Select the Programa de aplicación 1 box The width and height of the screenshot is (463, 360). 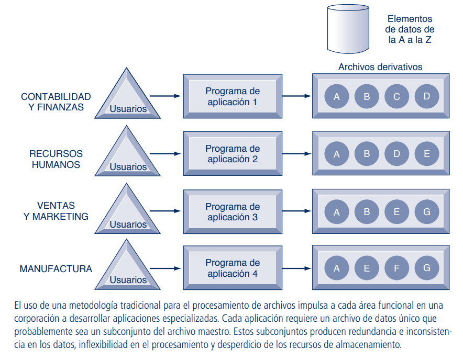(x=233, y=97)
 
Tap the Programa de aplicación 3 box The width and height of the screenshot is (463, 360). (x=233, y=212)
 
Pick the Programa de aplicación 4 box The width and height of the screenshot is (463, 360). (x=233, y=268)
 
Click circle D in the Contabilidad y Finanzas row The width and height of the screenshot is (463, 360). (x=426, y=96)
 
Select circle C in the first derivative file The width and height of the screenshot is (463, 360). (x=396, y=96)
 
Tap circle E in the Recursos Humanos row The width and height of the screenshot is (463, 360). (x=426, y=154)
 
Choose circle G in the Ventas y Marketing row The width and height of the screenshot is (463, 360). (x=426, y=211)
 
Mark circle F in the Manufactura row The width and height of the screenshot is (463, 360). (x=396, y=268)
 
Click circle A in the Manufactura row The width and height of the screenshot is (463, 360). (x=337, y=268)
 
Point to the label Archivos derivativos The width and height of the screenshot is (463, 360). (x=380, y=67)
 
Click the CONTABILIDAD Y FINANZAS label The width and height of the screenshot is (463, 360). (x=56, y=102)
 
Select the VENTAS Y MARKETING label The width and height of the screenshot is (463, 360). (x=56, y=211)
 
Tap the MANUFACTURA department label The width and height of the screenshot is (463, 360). (x=56, y=269)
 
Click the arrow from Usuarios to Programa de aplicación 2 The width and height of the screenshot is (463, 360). (x=165, y=154)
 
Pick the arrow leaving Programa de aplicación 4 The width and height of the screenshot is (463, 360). (x=296, y=268)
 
